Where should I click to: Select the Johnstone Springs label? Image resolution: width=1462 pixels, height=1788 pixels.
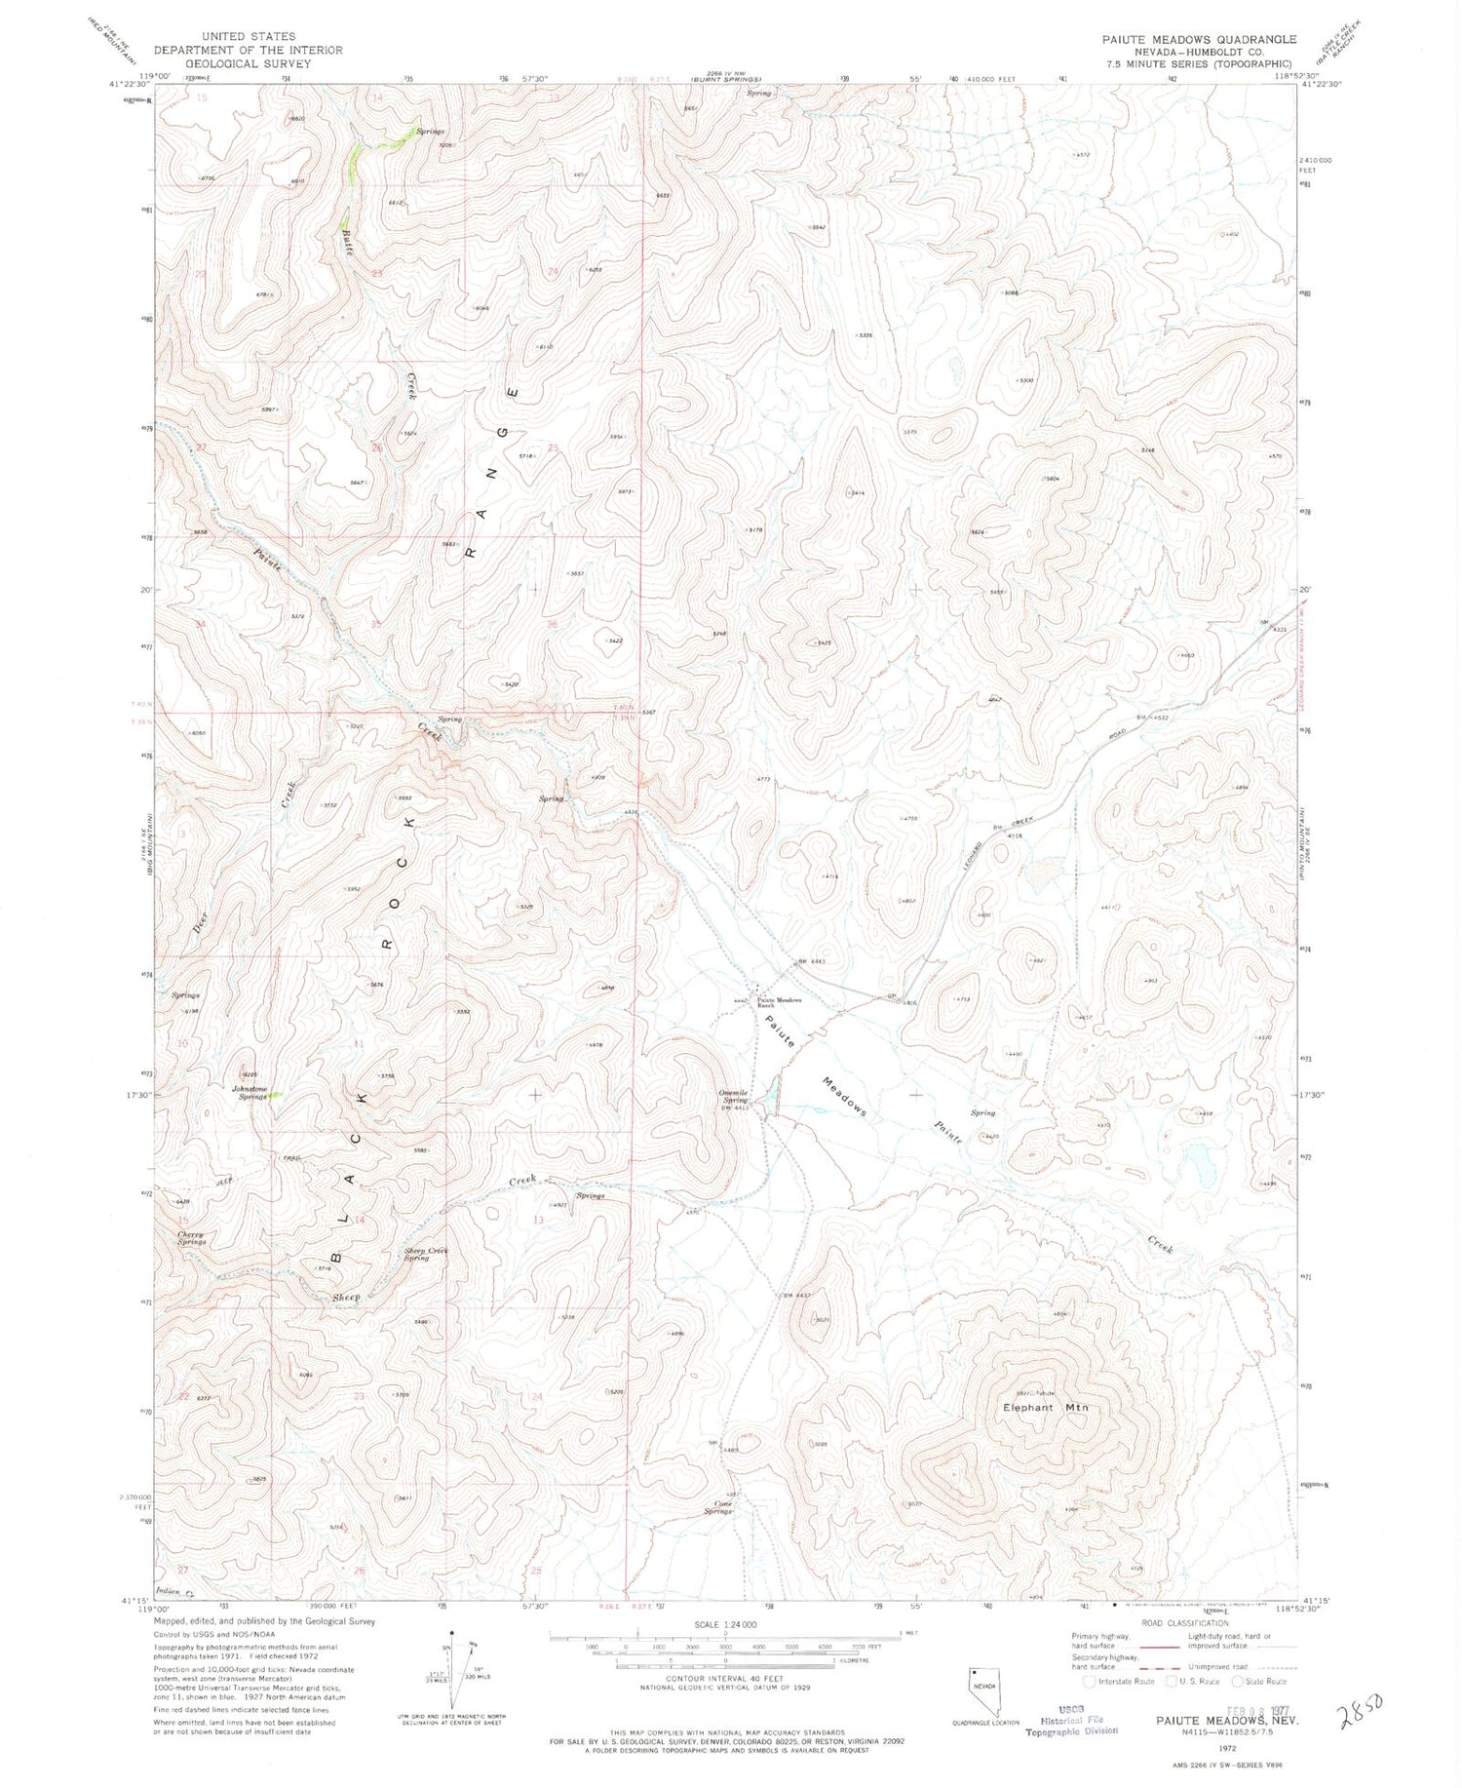[249, 1093]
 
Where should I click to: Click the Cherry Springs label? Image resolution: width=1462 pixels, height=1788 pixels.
[191, 1238]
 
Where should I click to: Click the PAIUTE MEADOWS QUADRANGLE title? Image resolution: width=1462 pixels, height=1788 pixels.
[1185, 39]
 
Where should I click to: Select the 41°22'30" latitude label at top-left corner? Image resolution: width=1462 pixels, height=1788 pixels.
[131, 85]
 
